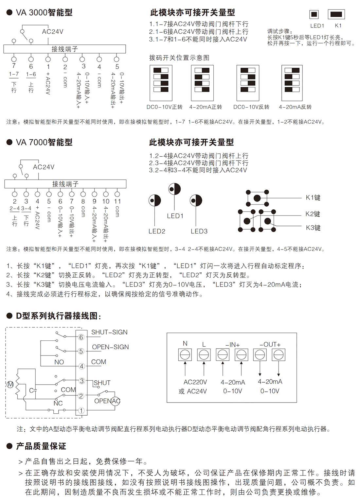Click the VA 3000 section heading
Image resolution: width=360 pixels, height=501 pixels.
point(44,13)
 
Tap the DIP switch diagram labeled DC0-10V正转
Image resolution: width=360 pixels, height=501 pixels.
point(161,83)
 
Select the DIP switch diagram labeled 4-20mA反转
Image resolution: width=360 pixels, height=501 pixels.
point(292,83)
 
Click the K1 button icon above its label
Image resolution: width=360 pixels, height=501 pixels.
point(336,14)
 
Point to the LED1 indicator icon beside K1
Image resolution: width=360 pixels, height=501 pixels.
point(314,14)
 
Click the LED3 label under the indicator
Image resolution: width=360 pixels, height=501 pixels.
point(199,231)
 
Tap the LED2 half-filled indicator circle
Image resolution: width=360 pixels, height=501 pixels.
point(154,200)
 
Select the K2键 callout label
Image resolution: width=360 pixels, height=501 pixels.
point(313,214)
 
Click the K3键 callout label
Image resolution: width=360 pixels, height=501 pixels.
point(313,228)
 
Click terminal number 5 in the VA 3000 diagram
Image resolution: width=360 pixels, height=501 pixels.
point(117,67)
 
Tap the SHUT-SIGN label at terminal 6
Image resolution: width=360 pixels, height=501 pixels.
point(109,332)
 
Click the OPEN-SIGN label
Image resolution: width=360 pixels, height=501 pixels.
point(110,347)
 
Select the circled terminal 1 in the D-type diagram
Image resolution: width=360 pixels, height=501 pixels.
point(81,410)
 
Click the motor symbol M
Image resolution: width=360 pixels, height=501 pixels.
point(10,384)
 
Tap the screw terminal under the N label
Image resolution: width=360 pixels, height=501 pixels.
point(185,355)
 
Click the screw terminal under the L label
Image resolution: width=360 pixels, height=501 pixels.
point(204,355)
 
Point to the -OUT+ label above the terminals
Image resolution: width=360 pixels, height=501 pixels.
point(270,344)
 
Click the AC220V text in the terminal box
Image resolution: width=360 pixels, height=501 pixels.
point(195,382)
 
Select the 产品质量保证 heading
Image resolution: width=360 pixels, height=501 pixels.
point(41,446)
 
